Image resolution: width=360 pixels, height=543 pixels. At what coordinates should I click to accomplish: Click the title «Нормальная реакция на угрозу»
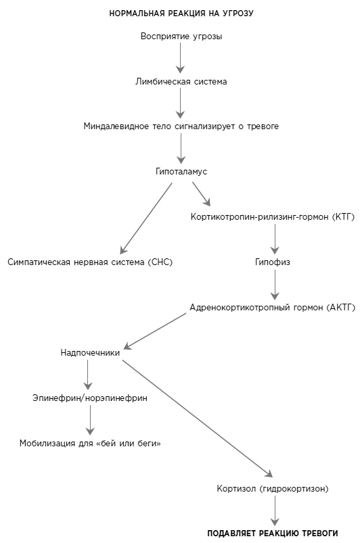click(x=181, y=14)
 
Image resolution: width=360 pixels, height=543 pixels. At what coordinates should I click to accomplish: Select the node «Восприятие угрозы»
click(x=181, y=37)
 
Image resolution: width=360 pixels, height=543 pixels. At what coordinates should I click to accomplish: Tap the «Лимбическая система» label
click(x=181, y=82)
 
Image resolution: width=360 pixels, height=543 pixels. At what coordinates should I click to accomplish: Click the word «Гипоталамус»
click(x=181, y=171)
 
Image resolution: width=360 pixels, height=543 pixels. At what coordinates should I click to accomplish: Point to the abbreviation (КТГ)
click(x=343, y=217)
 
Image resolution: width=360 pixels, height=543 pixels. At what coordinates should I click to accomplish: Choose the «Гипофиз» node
click(x=272, y=262)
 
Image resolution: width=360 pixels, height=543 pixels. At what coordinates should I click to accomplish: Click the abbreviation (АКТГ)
click(x=340, y=308)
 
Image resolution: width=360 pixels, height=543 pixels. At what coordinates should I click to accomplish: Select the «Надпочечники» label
click(x=90, y=353)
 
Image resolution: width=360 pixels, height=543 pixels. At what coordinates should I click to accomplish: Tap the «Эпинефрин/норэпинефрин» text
click(x=90, y=398)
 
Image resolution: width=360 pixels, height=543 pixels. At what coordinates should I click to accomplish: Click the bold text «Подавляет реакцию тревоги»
click(x=273, y=534)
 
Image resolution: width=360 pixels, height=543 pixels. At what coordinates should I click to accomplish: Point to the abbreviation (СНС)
click(x=160, y=262)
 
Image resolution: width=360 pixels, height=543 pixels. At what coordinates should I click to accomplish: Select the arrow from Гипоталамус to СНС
click(x=146, y=218)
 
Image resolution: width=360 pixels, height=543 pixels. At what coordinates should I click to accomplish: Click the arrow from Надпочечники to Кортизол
click(x=198, y=419)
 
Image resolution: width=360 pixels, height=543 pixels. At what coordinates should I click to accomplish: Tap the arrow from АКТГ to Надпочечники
click(x=154, y=331)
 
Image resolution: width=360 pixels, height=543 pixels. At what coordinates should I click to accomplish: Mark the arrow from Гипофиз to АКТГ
click(x=275, y=285)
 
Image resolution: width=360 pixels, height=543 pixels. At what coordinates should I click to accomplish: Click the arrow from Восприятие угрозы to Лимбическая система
click(x=180, y=58)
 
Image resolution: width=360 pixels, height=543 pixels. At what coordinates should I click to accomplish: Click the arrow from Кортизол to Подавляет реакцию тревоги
click(x=275, y=511)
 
